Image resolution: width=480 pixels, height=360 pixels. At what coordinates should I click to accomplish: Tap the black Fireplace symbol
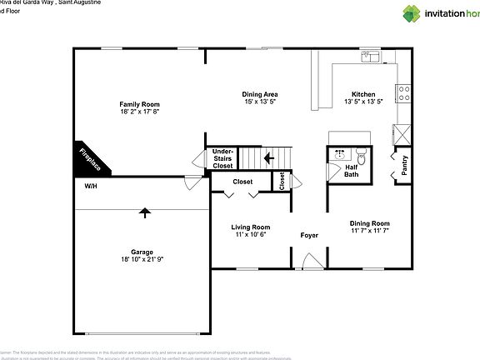[88, 158]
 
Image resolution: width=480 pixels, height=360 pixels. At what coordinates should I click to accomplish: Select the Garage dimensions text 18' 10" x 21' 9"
[141, 260]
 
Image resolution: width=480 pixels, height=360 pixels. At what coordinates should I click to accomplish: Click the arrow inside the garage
[146, 212]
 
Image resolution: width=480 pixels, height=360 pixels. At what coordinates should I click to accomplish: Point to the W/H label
[90, 187]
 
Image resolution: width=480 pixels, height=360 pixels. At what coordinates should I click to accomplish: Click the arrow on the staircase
[268, 156]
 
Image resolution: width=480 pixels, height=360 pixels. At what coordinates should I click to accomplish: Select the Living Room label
[250, 227]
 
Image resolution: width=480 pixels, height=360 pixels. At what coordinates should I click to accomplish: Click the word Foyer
[309, 236]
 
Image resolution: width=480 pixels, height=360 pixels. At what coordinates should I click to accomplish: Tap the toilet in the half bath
[362, 155]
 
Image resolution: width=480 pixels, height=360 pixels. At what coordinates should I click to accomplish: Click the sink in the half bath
[341, 154]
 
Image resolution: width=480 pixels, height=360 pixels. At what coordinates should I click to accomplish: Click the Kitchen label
[363, 94]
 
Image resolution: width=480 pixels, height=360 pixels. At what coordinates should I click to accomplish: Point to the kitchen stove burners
[403, 90]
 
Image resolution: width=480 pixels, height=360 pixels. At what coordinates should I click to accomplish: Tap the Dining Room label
[369, 222]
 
